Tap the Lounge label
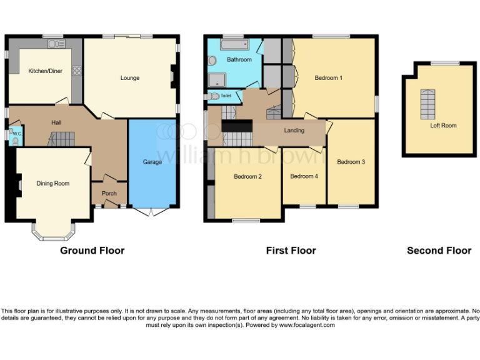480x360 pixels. [130, 78]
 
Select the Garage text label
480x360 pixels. [152, 162]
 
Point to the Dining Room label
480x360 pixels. [52, 183]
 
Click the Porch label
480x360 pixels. [109, 193]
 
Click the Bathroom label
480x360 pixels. [239, 60]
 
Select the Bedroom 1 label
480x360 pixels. [328, 78]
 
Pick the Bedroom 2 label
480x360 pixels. [247, 176]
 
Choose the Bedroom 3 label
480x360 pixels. [351, 162]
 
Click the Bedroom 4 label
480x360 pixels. [304, 176]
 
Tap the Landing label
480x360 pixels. [294, 131]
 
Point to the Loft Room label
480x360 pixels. [443, 126]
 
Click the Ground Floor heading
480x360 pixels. [92, 251]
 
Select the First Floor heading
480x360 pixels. [291, 251]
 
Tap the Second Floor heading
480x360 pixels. [439, 251]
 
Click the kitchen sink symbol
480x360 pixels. [55, 44]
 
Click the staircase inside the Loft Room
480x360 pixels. [427, 104]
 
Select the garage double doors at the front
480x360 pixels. [152, 212]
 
